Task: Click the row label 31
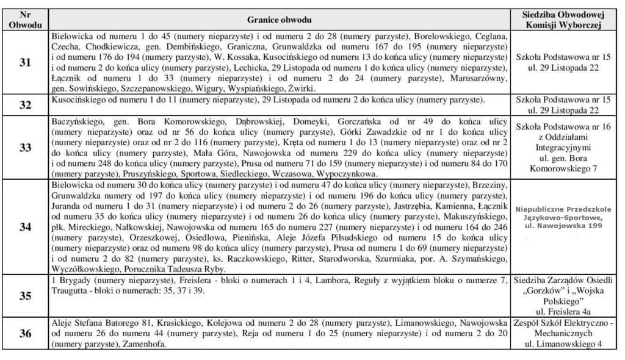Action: [25, 63]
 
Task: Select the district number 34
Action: [25, 227]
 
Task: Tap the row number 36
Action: [25, 334]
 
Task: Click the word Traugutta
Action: [72, 290]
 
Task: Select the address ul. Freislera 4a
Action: [563, 310]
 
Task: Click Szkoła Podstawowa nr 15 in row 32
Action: [563, 99]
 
